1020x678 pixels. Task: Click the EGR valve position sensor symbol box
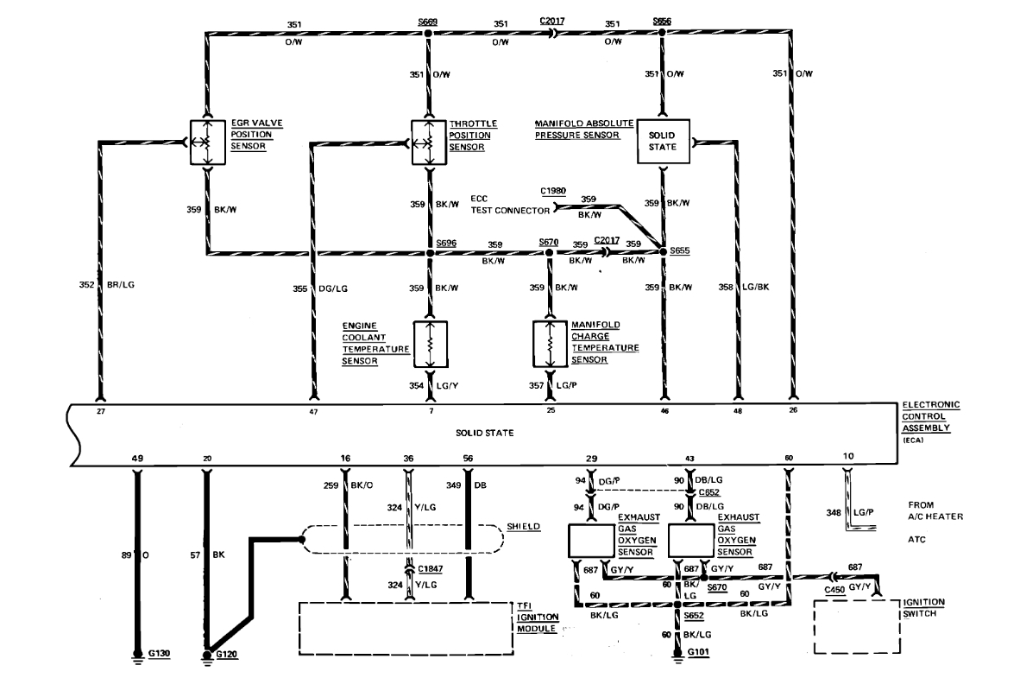[206, 142]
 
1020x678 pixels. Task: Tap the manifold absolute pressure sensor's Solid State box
[662, 141]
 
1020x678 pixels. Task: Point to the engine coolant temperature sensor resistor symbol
[429, 343]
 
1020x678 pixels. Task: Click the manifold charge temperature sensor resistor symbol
[550, 343]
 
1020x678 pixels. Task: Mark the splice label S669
[426, 22]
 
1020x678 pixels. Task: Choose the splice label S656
[662, 22]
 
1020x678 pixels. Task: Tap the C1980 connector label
[554, 190]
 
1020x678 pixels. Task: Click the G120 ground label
[227, 655]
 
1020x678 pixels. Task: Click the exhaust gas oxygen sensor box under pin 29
[590, 540]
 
